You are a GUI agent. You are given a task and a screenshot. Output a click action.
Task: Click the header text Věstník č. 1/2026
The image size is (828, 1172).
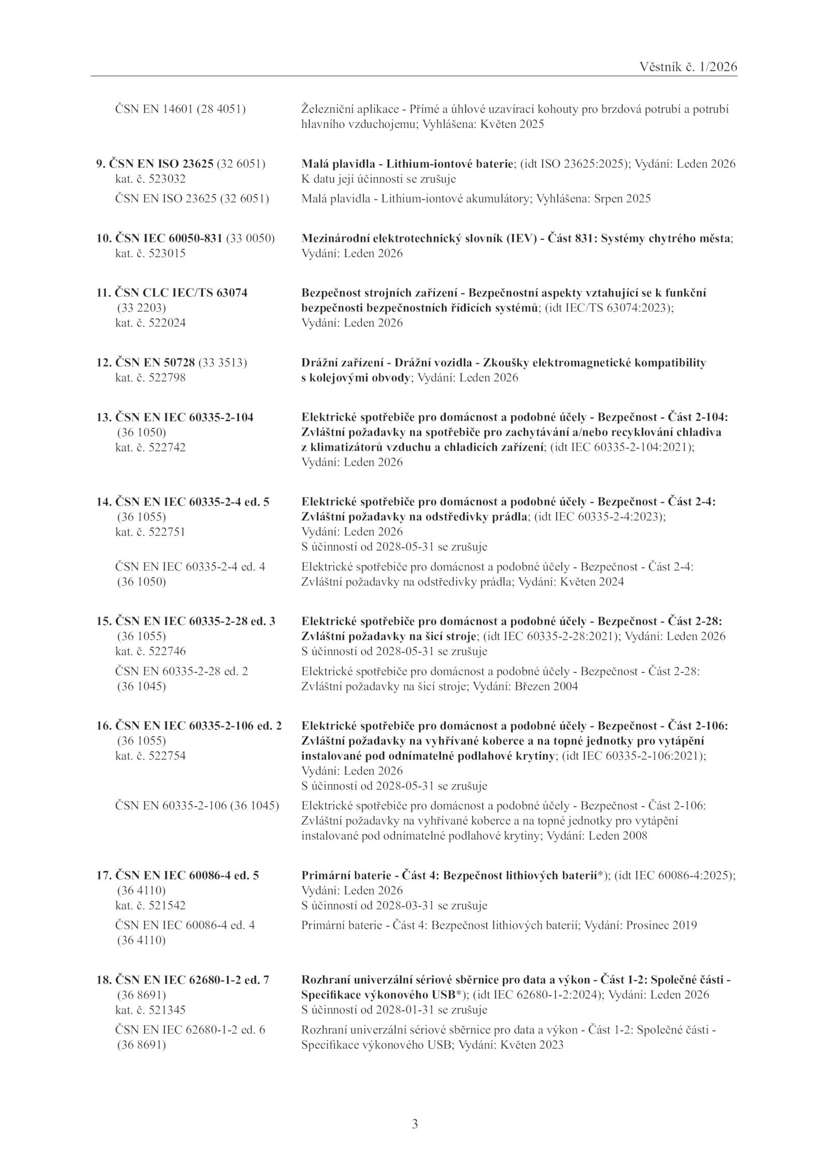(x=688, y=67)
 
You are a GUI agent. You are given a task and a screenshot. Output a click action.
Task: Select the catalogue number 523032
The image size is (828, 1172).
(x=167, y=179)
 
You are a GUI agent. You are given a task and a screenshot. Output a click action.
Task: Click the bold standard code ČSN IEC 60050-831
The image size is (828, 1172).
(x=168, y=238)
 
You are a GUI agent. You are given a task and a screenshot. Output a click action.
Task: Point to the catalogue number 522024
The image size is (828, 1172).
(x=167, y=323)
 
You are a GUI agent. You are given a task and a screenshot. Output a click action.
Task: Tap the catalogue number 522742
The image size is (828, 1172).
(x=167, y=447)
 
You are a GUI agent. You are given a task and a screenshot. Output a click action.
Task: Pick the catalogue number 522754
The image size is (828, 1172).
(x=167, y=756)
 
